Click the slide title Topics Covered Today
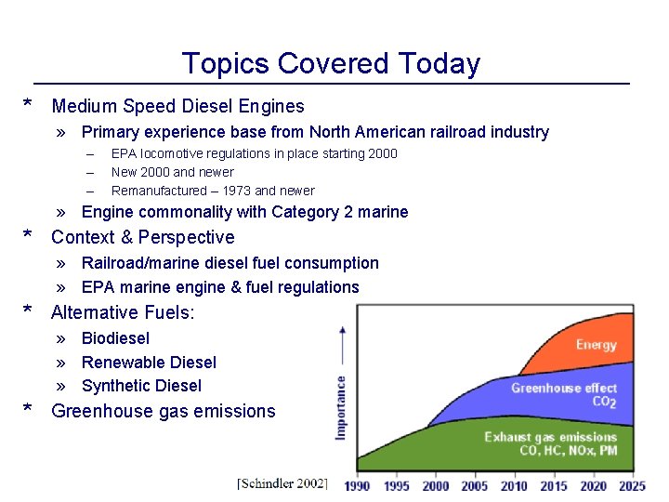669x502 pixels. (331, 63)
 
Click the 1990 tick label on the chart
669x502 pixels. (358, 485)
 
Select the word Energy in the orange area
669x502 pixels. (596, 345)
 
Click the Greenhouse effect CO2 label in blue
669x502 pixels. (563, 395)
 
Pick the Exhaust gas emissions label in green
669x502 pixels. (550, 443)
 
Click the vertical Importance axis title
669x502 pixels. (341, 406)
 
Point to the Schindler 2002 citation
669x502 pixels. (282, 483)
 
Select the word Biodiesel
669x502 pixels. (115, 338)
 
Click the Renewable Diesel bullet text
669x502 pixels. (149, 363)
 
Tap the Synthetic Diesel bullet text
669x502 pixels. (141, 386)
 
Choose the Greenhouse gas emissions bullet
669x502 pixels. (164, 411)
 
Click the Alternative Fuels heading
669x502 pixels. (123, 312)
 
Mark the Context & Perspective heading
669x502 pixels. (143, 237)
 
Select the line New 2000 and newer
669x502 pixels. (172, 172)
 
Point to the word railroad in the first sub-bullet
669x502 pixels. (434, 132)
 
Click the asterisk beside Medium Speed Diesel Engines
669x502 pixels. (29, 105)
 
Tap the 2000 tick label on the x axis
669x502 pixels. (435, 485)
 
